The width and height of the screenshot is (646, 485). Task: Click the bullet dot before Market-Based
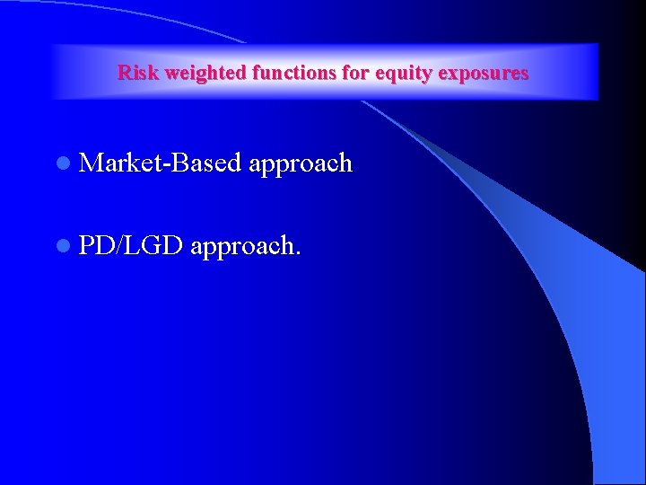coord(62,163)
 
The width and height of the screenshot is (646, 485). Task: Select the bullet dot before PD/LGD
coord(62,245)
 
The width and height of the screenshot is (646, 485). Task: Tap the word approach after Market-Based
coord(301,164)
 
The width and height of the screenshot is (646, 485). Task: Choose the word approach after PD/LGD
coord(244,245)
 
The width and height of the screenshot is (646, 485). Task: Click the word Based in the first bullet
coord(204,163)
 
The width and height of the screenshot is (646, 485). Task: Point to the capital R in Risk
coord(124,73)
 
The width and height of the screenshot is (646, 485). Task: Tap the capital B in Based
coord(173,163)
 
